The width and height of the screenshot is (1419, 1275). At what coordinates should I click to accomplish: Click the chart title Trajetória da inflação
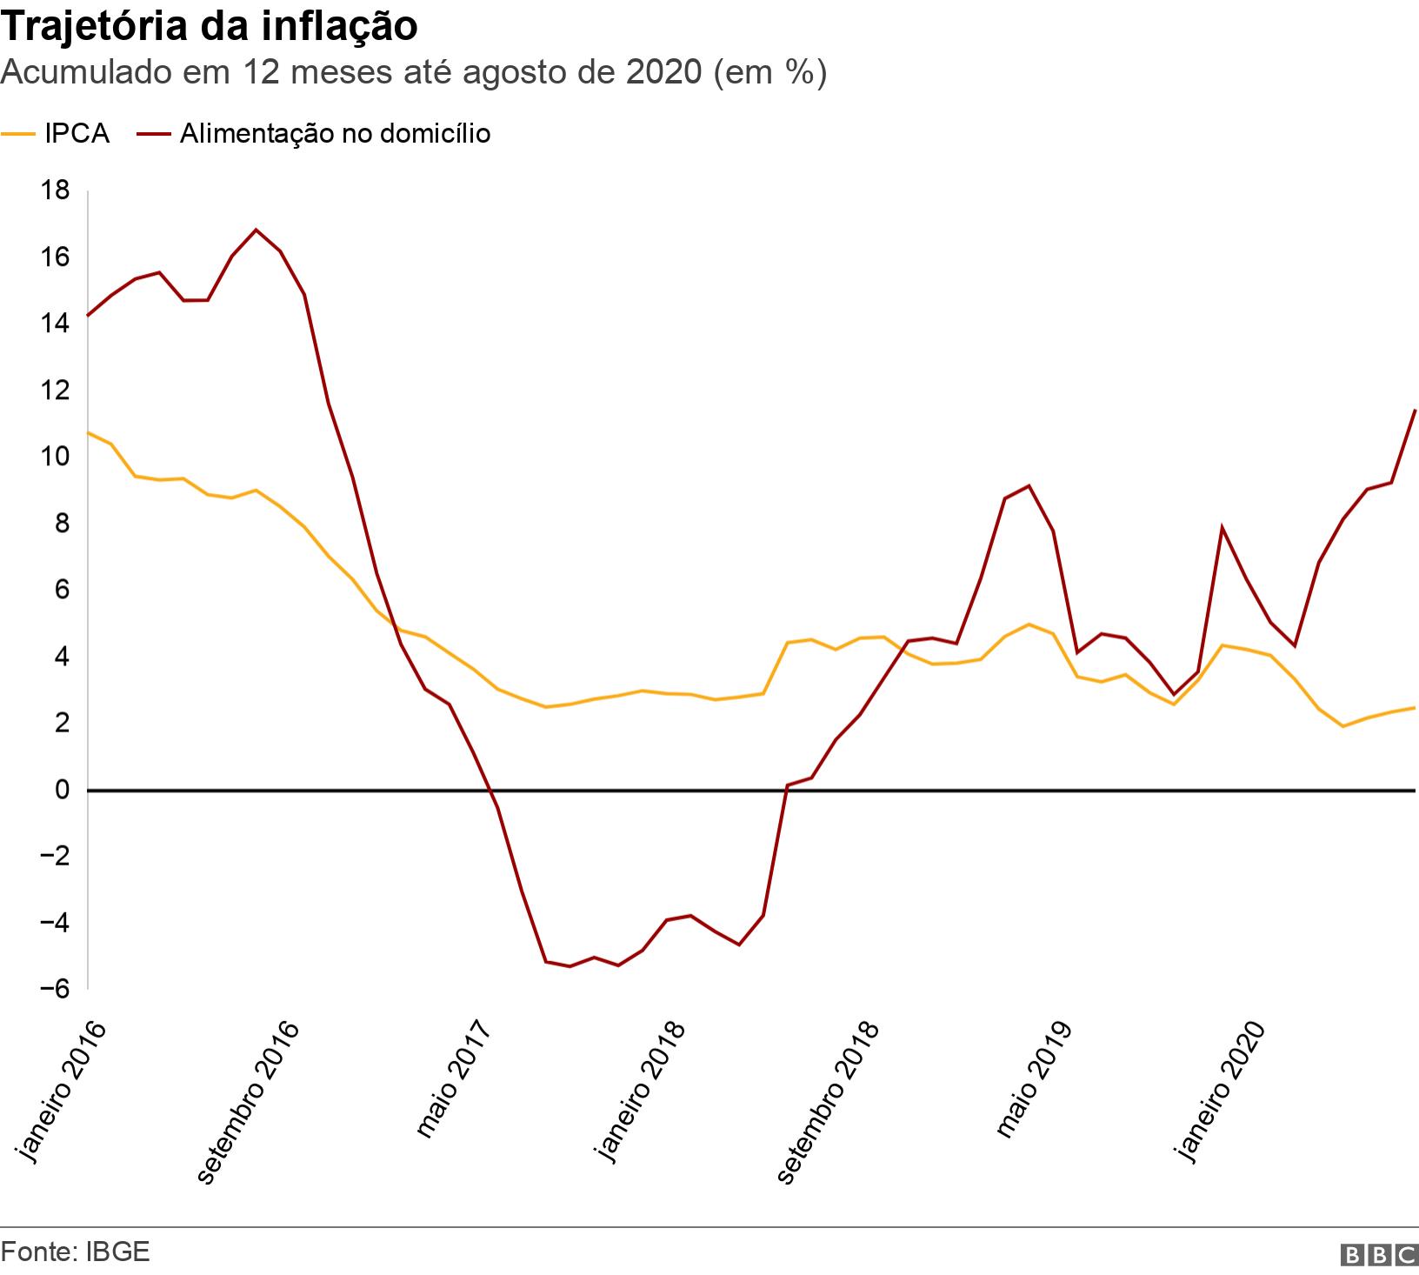point(210,26)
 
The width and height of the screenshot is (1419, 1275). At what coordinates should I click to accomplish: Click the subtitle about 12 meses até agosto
point(414,73)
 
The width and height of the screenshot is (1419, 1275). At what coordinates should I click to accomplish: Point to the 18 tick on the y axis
point(55,190)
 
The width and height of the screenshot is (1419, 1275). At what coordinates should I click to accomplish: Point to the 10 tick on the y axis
point(55,457)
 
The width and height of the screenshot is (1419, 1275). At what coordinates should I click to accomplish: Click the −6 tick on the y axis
point(51,989)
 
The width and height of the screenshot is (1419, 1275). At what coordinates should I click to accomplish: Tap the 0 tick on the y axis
point(61,790)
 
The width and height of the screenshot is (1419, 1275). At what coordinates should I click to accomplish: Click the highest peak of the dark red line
point(256,230)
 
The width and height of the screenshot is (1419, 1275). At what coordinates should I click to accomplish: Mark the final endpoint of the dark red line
point(1416,410)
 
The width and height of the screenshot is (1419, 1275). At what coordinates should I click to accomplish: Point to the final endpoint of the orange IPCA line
point(1416,707)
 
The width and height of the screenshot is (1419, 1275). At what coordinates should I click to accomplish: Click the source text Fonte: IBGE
point(76,1252)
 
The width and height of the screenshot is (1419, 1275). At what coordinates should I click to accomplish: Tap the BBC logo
point(1379,1255)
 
